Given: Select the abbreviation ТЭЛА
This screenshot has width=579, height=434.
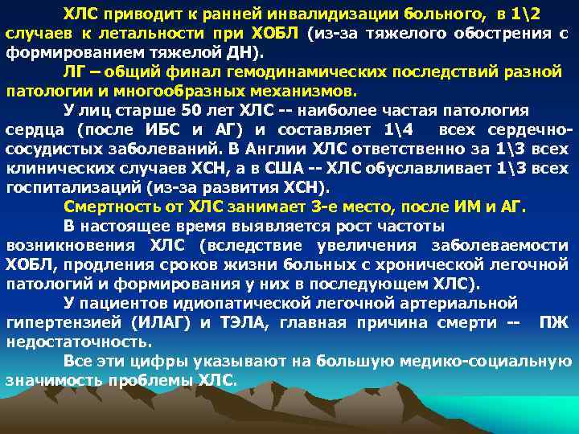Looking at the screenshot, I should (x=244, y=322).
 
